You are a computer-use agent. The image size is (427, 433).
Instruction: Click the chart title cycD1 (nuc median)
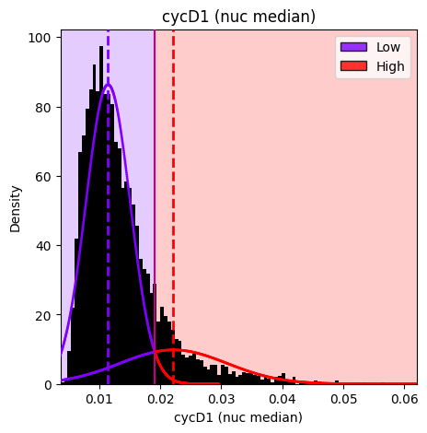238,16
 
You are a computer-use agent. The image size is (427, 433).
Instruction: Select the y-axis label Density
15,209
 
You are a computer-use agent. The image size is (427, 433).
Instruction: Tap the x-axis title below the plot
238,417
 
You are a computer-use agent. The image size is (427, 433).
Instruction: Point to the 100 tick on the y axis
40,38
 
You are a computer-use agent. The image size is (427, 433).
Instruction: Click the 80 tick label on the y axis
43,108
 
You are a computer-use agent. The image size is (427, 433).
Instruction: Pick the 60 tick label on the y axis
43,177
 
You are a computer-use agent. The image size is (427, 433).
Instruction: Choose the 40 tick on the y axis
43,246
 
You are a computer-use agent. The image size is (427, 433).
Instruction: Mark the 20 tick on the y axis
43,315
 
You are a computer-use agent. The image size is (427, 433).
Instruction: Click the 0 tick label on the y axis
48,385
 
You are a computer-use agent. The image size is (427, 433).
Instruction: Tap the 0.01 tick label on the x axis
99,399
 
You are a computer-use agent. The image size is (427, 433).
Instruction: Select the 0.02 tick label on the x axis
160,399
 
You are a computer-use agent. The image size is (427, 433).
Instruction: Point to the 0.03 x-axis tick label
222,399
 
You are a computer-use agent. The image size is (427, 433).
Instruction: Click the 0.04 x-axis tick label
283,399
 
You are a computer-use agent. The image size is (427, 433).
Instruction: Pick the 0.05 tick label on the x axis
343,399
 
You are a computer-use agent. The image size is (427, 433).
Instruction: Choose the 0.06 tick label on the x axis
405,399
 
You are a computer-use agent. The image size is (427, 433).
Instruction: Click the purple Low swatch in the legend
353,47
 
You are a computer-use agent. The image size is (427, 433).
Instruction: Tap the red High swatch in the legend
353,66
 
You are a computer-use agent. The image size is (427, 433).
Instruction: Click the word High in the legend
390,66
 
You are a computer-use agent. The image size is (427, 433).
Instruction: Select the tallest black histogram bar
101,215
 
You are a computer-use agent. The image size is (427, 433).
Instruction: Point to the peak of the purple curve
108,84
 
